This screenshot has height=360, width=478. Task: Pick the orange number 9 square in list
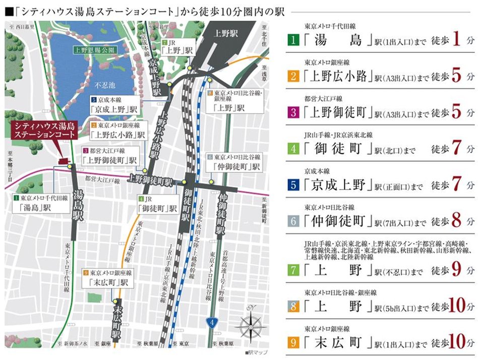293,343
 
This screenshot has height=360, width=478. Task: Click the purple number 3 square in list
293,111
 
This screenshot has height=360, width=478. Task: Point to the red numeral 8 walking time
457,220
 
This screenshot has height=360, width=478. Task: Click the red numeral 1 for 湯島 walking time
457,40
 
